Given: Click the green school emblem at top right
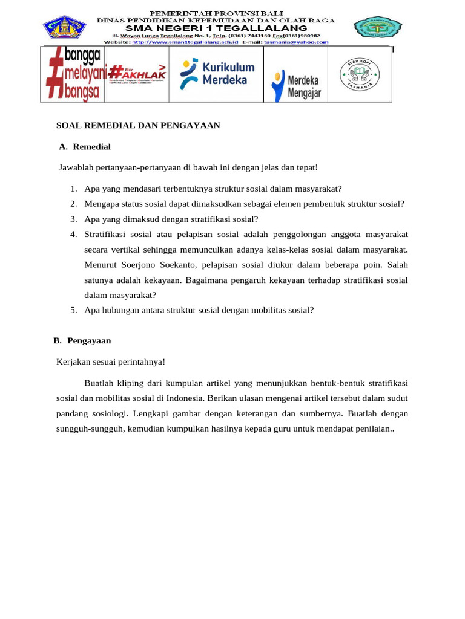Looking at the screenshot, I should (378, 28).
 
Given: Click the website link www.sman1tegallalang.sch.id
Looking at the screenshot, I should (184, 42).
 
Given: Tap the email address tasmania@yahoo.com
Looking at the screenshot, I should (296, 42).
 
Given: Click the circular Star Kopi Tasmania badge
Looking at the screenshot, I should (359, 74).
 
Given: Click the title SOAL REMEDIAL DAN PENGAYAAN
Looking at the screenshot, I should (137, 126).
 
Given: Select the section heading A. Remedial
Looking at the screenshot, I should (85, 147).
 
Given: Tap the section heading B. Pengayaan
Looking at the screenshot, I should (82, 341).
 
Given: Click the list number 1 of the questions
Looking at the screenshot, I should (73, 188).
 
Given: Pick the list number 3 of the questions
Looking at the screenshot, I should (73, 219).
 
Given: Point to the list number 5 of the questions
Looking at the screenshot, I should (73, 310).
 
